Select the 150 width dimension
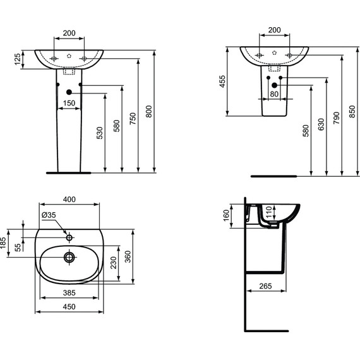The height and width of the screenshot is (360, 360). tap(69, 103)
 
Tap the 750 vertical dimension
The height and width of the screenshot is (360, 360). tap(133, 119)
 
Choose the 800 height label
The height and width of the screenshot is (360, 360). tap(149, 111)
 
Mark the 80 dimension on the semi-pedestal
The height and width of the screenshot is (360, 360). tap(274, 94)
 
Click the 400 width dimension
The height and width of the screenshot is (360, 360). tap(69, 200)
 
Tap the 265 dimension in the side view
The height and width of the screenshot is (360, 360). tap(265, 287)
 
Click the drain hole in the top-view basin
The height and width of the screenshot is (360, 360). tap(69, 256)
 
